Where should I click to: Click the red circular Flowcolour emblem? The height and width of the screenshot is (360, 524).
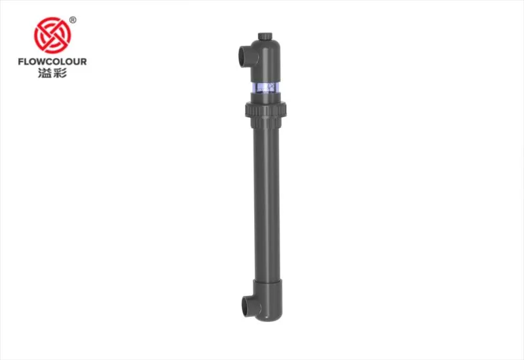pos(52,35)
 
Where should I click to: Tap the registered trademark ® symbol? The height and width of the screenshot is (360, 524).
pos(73,20)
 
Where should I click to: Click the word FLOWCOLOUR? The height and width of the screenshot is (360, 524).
pos(52,62)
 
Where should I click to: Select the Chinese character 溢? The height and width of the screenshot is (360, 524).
pos(45,73)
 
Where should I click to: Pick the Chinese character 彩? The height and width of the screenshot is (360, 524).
pos(60,73)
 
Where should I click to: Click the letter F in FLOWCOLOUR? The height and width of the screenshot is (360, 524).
pos(21,62)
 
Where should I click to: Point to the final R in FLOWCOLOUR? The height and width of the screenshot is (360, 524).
pos(83,62)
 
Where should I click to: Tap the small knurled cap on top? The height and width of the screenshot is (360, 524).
pos(265,36)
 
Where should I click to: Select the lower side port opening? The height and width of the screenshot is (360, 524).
pos(245,306)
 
